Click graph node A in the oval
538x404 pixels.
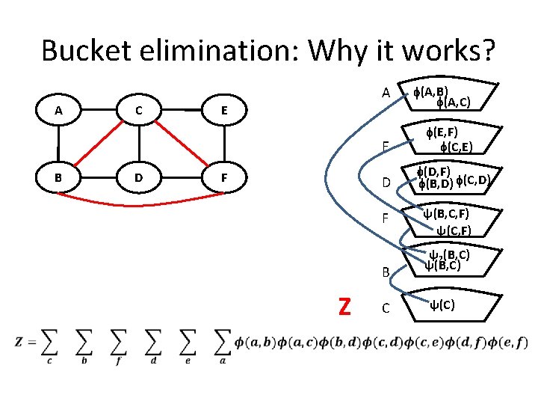58,111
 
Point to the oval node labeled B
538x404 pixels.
58,180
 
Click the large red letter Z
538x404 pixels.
344,307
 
